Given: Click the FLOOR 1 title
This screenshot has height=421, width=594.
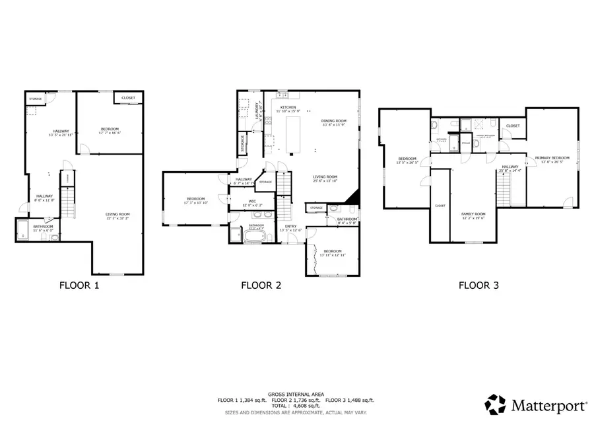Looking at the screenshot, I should pos(79,286).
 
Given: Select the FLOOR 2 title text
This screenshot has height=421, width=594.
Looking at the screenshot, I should pos(261,286).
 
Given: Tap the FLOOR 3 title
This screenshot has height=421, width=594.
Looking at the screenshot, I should pos(478,286).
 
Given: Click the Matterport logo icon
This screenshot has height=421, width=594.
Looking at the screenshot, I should pos(496,403).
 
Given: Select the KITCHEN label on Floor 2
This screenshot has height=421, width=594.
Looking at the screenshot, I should pos(288,107).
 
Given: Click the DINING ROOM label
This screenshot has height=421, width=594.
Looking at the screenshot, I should pos(333,121).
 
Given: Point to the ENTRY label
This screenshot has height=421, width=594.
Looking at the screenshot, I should pos(290,227).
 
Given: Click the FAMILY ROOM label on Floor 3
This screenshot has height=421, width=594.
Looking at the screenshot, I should pos(473,214).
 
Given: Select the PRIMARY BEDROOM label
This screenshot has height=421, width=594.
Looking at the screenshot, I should pos(552,158).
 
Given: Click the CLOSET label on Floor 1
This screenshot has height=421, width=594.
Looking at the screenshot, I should pos(128,98).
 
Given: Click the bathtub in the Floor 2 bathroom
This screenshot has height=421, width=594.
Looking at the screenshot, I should pos(255,235).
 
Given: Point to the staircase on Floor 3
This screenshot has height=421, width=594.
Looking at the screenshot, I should pos(505,191).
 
